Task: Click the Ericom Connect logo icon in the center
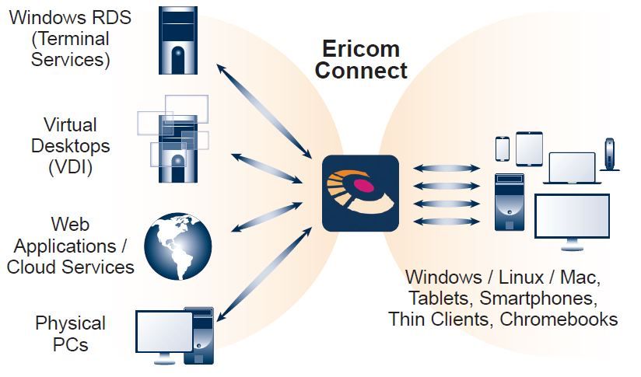[360, 193]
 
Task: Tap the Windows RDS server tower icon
[178, 40]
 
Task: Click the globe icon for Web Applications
[178, 246]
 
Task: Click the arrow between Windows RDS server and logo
[261, 110]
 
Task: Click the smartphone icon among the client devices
[503, 147]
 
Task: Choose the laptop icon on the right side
[572, 168]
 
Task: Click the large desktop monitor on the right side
[573, 218]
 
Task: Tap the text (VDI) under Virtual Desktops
[70, 166]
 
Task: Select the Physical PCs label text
[70, 333]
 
